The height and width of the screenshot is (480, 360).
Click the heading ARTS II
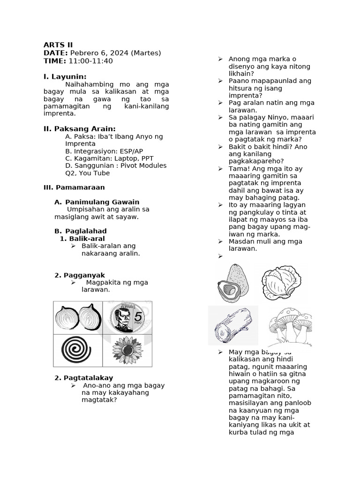(x=58, y=45)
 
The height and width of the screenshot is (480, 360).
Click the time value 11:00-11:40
(x=90, y=61)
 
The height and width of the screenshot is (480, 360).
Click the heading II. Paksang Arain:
(x=79, y=129)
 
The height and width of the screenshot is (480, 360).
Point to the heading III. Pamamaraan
(x=74, y=187)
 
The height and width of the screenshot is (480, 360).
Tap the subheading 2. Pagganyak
(x=80, y=275)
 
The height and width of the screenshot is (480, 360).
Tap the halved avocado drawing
(x=233, y=283)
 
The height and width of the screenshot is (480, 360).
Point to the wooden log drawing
(x=233, y=325)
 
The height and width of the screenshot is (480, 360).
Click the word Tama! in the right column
(x=239, y=168)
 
